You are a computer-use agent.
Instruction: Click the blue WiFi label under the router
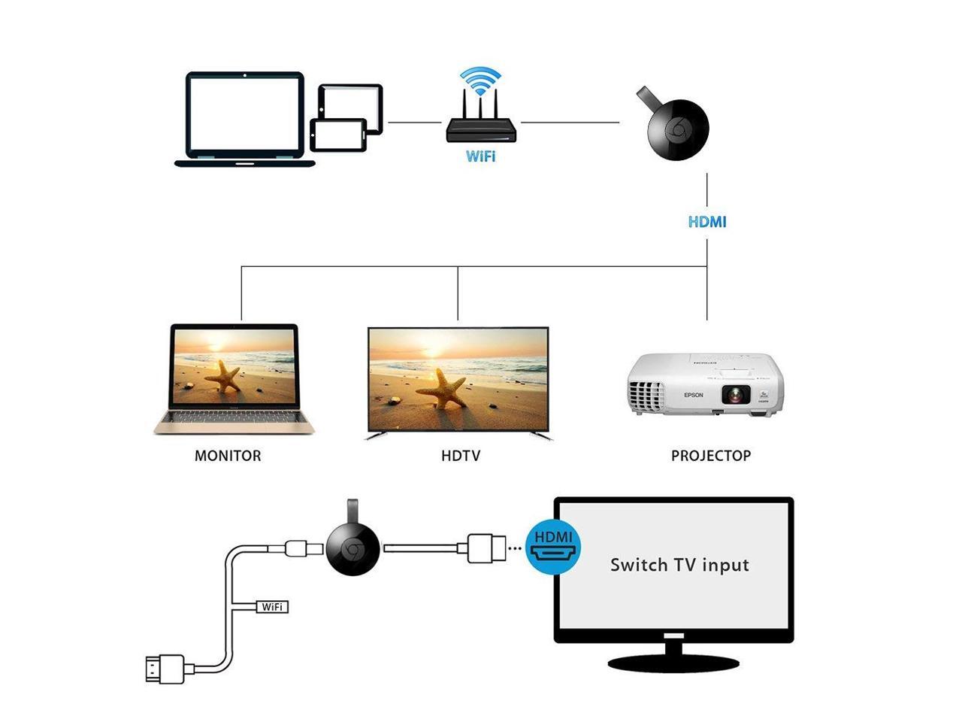point(480,156)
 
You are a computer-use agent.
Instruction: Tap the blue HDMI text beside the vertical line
point(707,222)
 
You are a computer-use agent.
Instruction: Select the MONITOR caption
point(228,456)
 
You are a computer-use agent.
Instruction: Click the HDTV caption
point(461,456)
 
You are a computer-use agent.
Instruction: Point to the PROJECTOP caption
point(710,456)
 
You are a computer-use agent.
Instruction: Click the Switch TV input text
point(679,565)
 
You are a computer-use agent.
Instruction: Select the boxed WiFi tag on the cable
point(272,606)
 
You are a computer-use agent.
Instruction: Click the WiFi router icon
point(482,128)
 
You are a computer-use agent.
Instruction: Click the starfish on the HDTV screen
point(443,389)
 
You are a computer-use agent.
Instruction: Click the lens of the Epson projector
point(734,393)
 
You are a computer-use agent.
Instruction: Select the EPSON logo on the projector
point(693,395)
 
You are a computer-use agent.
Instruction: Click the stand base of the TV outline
point(673,663)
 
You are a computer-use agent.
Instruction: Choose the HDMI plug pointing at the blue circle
point(486,548)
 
